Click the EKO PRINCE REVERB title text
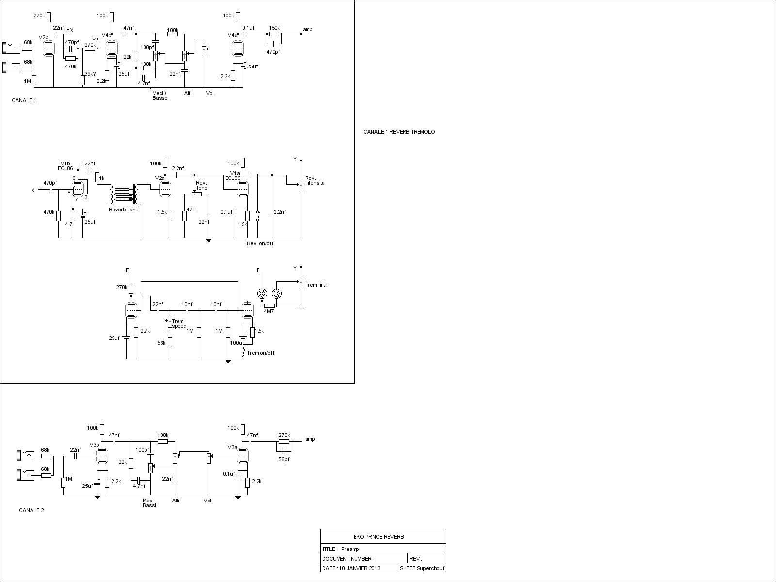click(x=379, y=537)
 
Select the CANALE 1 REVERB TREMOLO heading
click(x=399, y=132)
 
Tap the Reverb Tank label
click(x=123, y=210)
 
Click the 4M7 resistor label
click(x=269, y=312)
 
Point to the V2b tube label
click(x=43, y=37)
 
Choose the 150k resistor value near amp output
click(x=274, y=28)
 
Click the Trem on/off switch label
click(x=260, y=353)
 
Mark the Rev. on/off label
click(x=260, y=243)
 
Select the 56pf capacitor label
click(x=284, y=459)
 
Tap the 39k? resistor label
click(x=90, y=74)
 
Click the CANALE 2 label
click(x=32, y=510)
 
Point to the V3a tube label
click(x=232, y=447)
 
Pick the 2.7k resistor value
click(x=145, y=331)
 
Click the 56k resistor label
click(x=161, y=343)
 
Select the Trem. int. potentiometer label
click(x=316, y=285)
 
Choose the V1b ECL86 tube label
click(x=65, y=166)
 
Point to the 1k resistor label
click(x=102, y=178)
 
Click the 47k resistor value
click(x=190, y=210)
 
